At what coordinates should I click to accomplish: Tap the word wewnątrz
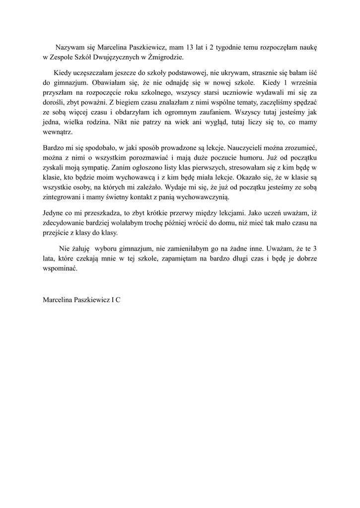58,132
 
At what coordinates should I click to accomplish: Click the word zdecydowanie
66,223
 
